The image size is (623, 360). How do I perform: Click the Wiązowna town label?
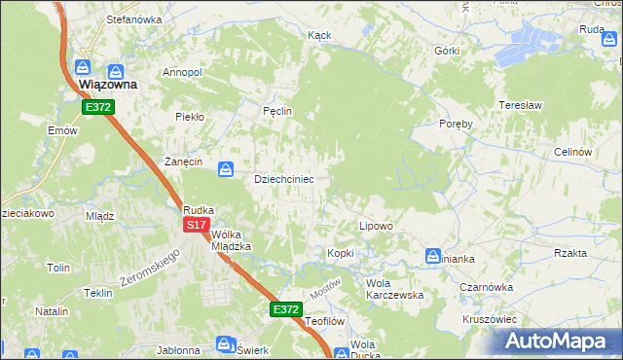[107, 85]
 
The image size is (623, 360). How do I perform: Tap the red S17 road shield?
[197, 225]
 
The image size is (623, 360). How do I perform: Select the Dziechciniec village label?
[283, 180]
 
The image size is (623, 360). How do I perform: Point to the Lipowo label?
[376, 226]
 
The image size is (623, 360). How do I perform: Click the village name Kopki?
[341, 253]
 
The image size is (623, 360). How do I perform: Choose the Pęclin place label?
[277, 112]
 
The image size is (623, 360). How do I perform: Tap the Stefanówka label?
[133, 19]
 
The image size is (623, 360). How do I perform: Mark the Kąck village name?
[319, 35]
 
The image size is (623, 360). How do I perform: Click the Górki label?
[448, 50]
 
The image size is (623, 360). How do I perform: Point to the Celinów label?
[572, 152]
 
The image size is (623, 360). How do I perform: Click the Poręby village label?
[456, 124]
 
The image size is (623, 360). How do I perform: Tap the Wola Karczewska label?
[393, 289]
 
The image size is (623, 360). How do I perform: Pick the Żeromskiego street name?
[150, 267]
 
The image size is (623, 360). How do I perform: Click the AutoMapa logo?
[557, 341]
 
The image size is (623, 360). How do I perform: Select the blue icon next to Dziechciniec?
[226, 169]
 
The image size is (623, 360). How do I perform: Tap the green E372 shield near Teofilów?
[285, 309]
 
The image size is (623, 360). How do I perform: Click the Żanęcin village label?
[183, 162]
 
